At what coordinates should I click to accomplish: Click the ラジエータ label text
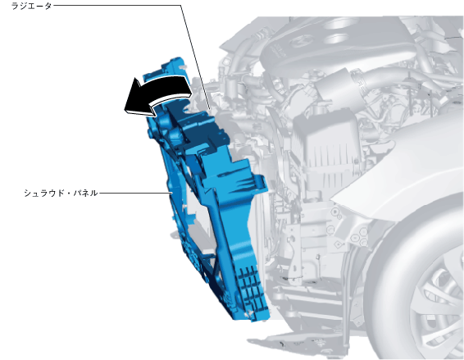click(32, 6)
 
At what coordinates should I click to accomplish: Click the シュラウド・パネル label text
click(61, 193)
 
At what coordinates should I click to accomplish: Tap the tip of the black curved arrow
click(125, 110)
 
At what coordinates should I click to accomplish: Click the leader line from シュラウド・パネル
click(135, 193)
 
